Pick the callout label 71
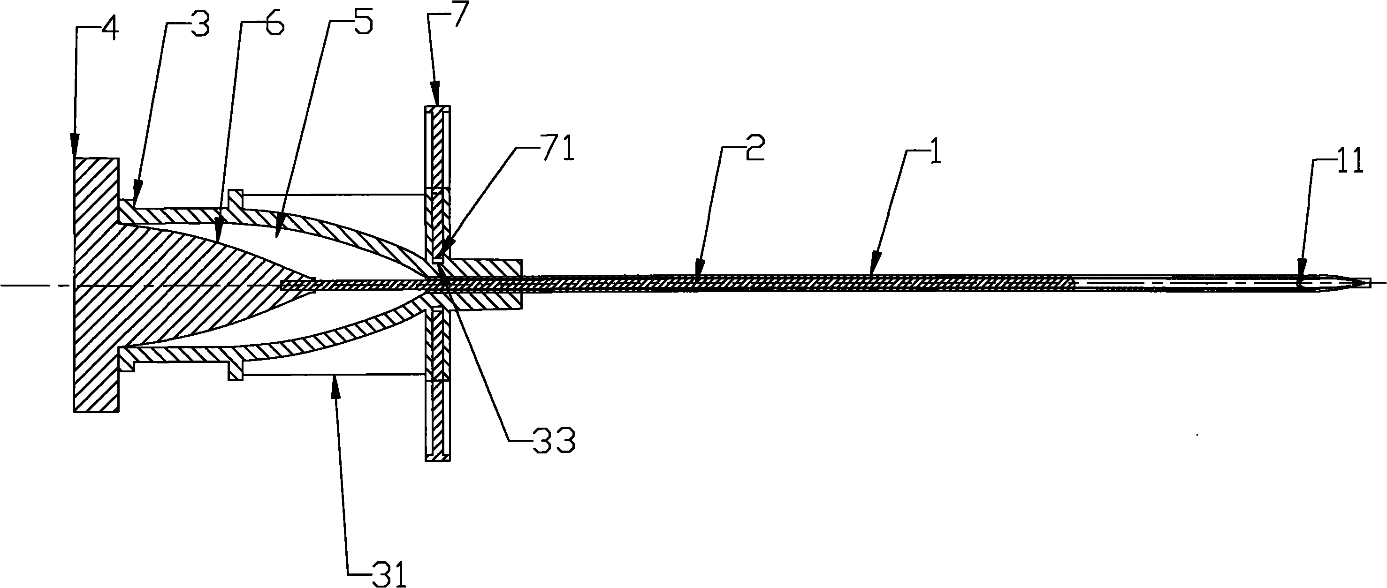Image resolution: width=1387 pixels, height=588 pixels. [x=557, y=149]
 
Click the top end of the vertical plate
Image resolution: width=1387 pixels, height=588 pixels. [x=437, y=106]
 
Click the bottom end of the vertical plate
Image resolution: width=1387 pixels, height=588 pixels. [x=437, y=460]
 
